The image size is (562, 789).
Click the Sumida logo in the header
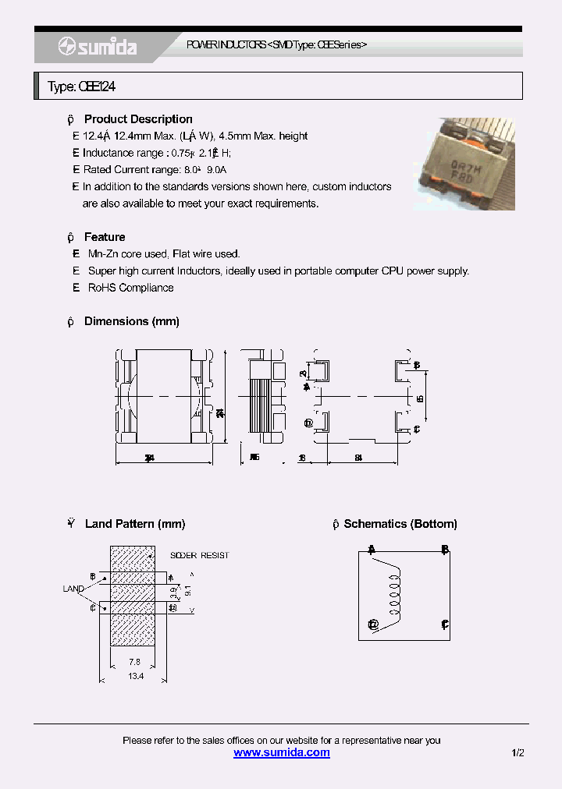click(98, 48)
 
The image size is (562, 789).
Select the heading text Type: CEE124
click(82, 87)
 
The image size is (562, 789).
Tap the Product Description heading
click(138, 119)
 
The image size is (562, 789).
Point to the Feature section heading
click(105, 237)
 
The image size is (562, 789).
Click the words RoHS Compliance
click(130, 288)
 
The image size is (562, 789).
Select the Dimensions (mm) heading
click(132, 321)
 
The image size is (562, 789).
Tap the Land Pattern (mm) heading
click(134, 524)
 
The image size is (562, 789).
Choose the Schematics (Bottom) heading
click(400, 524)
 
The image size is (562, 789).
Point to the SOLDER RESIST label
click(200, 555)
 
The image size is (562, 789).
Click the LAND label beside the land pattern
click(73, 589)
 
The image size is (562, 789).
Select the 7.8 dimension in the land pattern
click(134, 662)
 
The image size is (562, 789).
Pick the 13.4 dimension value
click(135, 676)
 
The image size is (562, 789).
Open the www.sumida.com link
click(282, 752)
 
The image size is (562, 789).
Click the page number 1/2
click(518, 752)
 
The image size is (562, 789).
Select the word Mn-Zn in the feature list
click(102, 254)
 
